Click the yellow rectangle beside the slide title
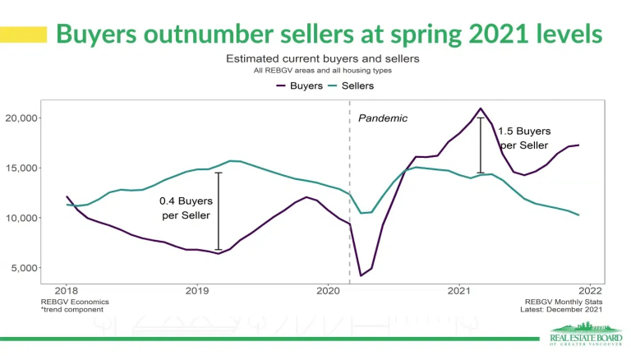pyautogui.click(x=24, y=35)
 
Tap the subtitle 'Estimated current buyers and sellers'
pyautogui.click(x=323, y=59)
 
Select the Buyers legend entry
pyautogui.click(x=299, y=85)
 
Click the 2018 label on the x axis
pyautogui.click(x=67, y=291)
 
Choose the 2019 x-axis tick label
pyautogui.click(x=197, y=291)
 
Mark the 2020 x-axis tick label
pyautogui.click(x=328, y=291)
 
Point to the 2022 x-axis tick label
pyautogui.click(x=590, y=291)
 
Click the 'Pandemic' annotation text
pyautogui.click(x=383, y=118)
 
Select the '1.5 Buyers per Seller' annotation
pyautogui.click(x=523, y=138)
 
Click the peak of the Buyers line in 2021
pyautogui.click(x=481, y=108)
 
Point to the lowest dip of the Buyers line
pyautogui.click(x=362, y=275)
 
